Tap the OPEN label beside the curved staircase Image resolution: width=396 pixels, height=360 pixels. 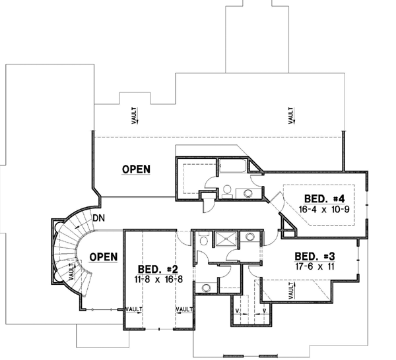click(103, 256)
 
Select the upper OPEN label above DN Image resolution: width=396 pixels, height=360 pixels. click(136, 169)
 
